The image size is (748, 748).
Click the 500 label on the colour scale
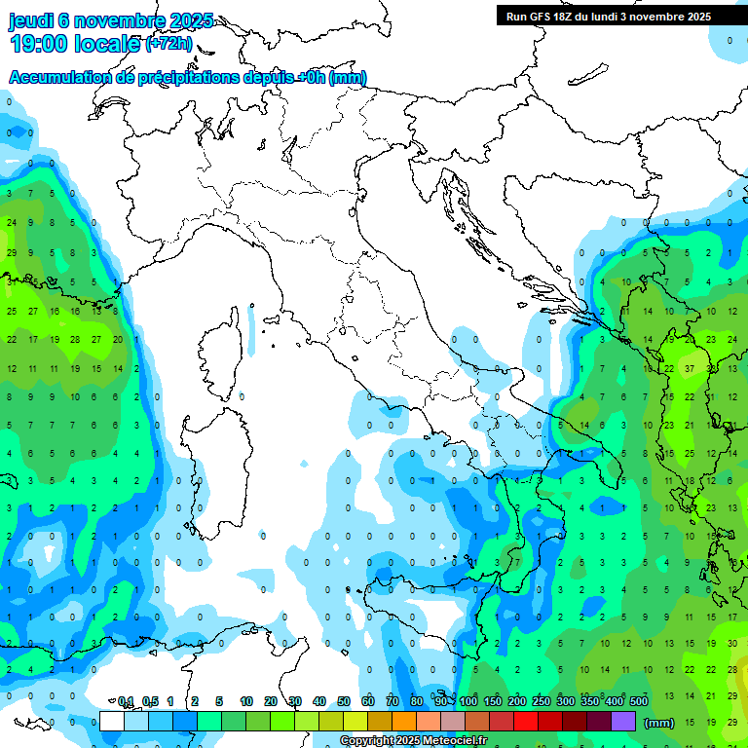pyautogui.click(x=639, y=702)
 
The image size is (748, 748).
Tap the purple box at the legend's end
pyautogui.click(x=623, y=722)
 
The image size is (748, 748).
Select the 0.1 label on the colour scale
pyautogui.click(x=126, y=702)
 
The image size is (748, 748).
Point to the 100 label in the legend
pyautogui.click(x=468, y=702)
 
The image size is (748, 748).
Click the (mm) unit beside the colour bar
pyautogui.click(x=659, y=723)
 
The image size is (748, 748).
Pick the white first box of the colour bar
pyautogui.click(x=112, y=722)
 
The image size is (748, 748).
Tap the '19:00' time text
pyautogui.click(x=44, y=44)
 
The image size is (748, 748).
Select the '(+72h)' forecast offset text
pyautogui.click(x=168, y=44)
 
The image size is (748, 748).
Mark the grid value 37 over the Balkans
pyautogui.click(x=690, y=369)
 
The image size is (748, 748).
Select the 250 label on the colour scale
pyautogui.click(x=542, y=702)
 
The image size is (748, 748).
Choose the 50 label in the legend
pyautogui.click(x=344, y=702)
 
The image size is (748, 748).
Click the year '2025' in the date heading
pyautogui.click(x=191, y=20)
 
